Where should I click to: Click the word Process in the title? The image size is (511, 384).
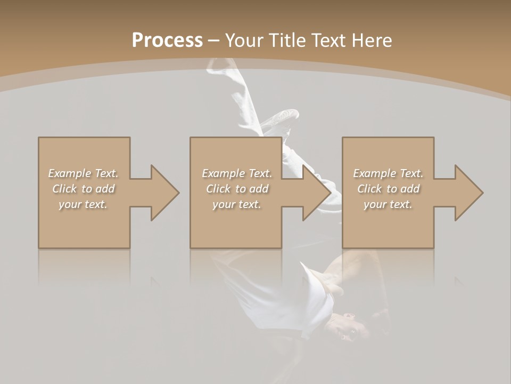[167, 41]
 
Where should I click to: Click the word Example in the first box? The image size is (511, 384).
[70, 173]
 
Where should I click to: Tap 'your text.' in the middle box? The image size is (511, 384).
[236, 204]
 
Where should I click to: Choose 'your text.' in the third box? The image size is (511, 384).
[388, 204]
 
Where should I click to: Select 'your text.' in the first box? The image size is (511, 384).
[83, 204]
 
